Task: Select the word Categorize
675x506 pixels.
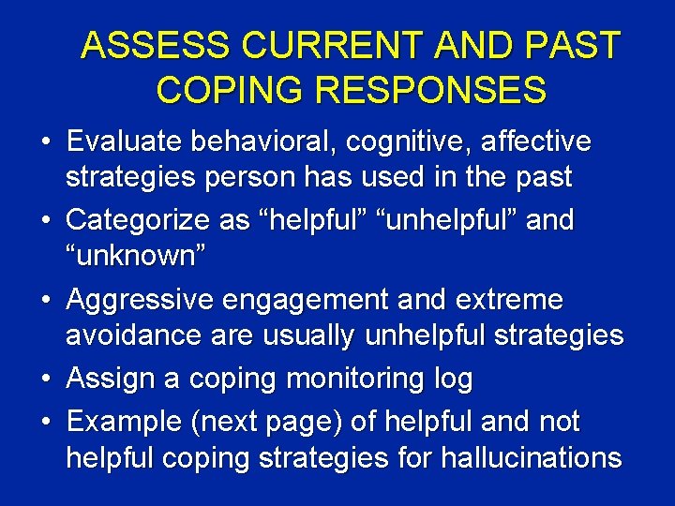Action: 140,221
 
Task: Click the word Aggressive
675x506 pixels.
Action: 141,302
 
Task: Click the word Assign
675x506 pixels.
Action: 106,379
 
